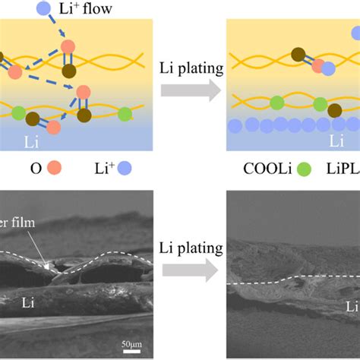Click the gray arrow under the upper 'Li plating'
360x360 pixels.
[x=191, y=92]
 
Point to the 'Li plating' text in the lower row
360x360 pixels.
[x=191, y=248]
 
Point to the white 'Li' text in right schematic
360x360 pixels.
[x=336, y=141]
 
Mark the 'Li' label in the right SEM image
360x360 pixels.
[x=351, y=307]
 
